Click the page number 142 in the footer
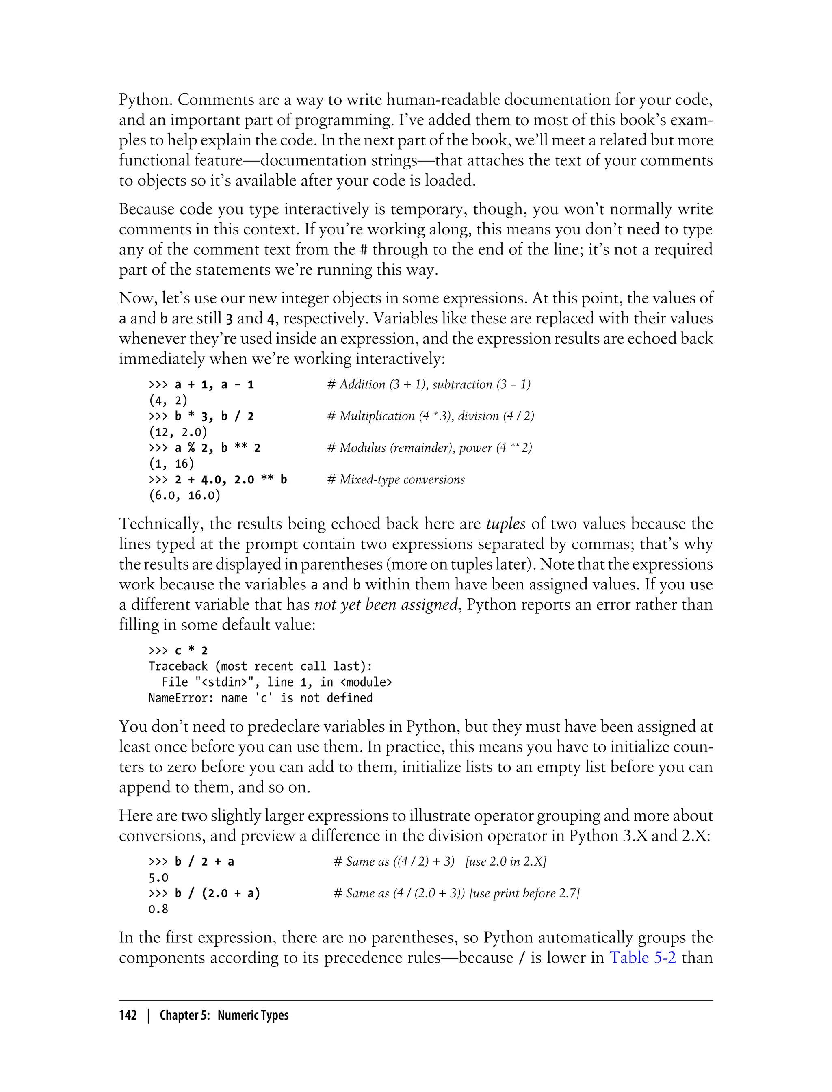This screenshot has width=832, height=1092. click(x=128, y=1016)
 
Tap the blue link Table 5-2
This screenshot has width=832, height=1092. click(x=642, y=957)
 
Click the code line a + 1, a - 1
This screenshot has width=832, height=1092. click(x=214, y=385)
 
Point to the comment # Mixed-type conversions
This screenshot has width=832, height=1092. click(x=396, y=479)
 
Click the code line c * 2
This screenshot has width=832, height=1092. click(x=191, y=651)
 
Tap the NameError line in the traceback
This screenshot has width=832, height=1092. click(x=260, y=698)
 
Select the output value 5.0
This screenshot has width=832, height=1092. click(x=158, y=878)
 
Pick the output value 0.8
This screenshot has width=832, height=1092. click(x=158, y=909)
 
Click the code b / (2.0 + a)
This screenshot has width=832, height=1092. click(x=217, y=893)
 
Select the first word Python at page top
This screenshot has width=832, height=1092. click(x=145, y=100)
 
